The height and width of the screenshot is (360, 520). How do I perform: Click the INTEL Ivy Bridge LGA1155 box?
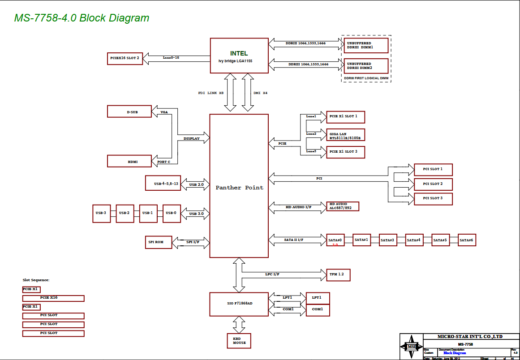(x=239, y=56)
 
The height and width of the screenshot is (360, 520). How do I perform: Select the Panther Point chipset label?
(x=239, y=188)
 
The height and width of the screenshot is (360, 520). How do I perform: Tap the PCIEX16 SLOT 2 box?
(x=125, y=58)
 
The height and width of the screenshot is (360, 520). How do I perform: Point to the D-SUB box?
(x=129, y=111)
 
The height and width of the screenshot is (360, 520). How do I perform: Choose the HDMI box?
(x=129, y=161)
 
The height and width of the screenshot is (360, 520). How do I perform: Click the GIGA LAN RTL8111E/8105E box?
(x=345, y=135)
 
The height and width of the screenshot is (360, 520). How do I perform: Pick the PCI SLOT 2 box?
(x=433, y=184)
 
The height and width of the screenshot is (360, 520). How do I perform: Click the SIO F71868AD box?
(x=239, y=303)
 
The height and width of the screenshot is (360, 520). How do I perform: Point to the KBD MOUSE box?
(x=239, y=341)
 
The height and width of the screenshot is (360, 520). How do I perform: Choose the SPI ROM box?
(x=156, y=242)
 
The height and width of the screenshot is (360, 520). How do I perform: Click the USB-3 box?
(x=101, y=213)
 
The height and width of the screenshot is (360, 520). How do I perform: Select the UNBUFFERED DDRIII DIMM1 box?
(x=366, y=45)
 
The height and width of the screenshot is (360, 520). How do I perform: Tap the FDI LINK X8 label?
(x=211, y=93)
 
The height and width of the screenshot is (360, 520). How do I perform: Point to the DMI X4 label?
(x=260, y=93)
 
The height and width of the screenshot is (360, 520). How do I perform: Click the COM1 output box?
(x=318, y=309)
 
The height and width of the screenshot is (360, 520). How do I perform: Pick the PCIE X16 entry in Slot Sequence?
(x=53, y=298)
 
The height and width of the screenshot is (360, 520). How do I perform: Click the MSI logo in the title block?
(x=411, y=346)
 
